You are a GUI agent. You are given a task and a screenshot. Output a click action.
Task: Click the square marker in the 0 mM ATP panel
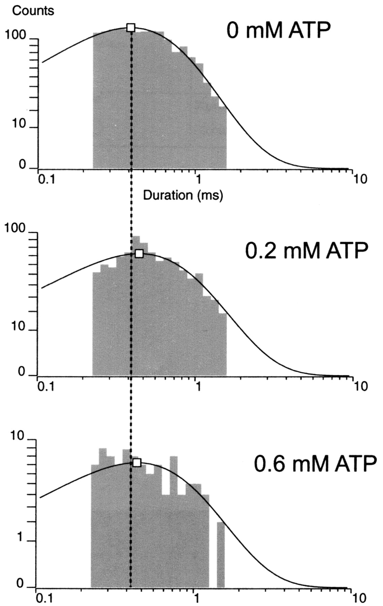131,27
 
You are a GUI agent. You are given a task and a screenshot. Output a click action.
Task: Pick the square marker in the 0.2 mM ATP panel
139,254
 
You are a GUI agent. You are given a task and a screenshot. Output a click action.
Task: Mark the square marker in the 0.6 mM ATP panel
136,462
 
